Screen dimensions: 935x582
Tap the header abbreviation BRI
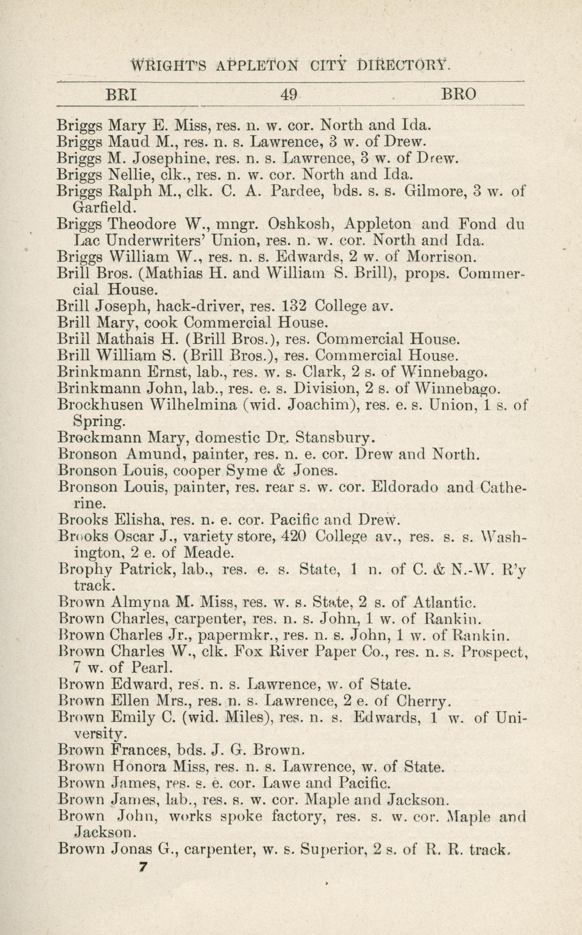pyautogui.click(x=121, y=94)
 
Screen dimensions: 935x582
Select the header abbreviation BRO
pyautogui.click(x=459, y=94)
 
